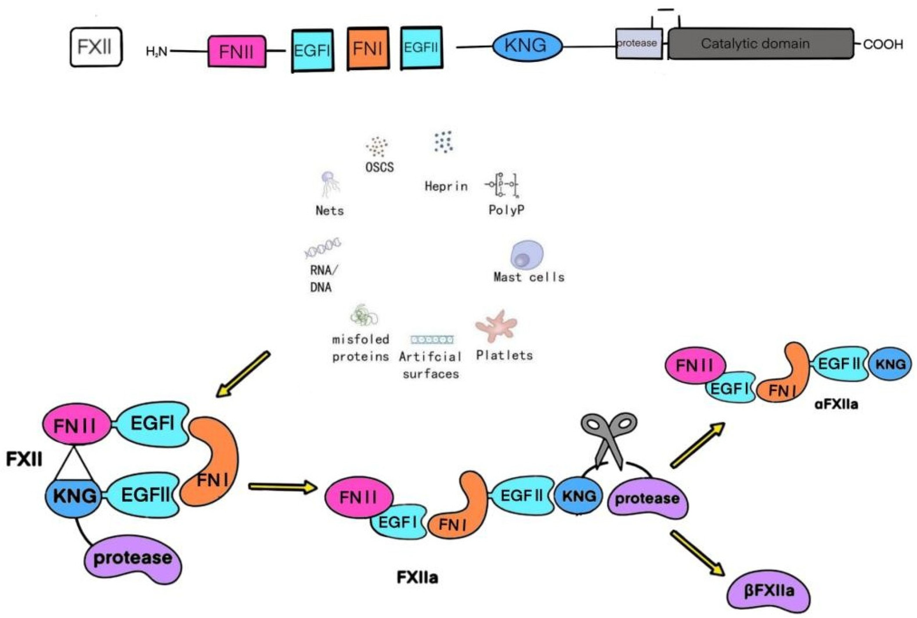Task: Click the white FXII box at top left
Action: (x=96, y=47)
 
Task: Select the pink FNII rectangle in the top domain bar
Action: (x=237, y=52)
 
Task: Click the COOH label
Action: (x=883, y=45)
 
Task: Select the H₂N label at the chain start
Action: (x=156, y=52)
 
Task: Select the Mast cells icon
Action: (x=526, y=255)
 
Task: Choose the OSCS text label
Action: (x=379, y=167)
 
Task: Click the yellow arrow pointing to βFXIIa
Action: (x=697, y=553)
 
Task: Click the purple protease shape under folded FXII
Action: (x=133, y=559)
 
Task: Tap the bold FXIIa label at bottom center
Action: (x=417, y=578)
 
